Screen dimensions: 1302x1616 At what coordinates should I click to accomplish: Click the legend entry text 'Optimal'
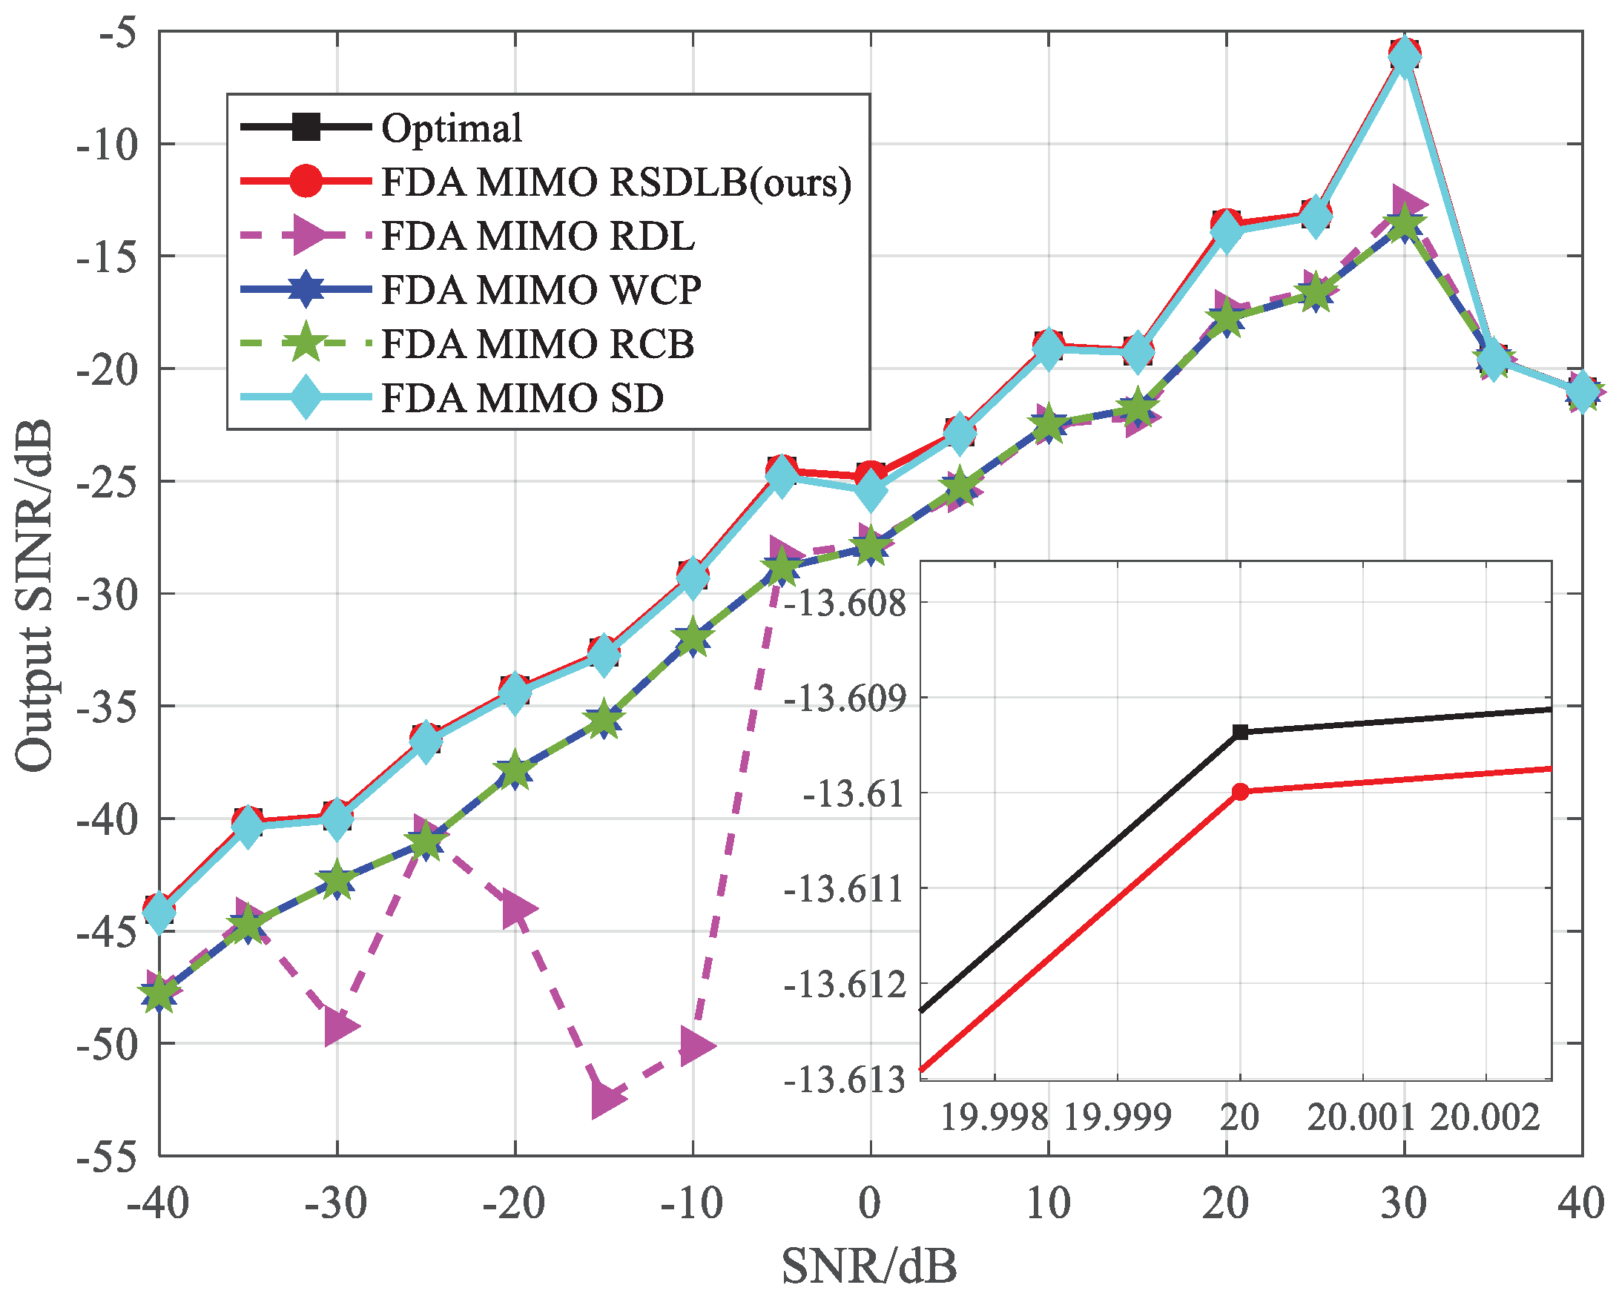pyautogui.click(x=451, y=128)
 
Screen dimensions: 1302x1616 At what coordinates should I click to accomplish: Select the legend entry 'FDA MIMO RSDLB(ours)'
pyautogui.click(x=616, y=182)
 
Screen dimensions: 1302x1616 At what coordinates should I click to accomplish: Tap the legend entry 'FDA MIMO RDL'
pyautogui.click(x=537, y=237)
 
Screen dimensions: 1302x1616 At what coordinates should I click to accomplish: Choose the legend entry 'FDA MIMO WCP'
pyautogui.click(x=540, y=290)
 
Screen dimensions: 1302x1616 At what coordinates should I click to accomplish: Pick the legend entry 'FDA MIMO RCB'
pyautogui.click(x=537, y=344)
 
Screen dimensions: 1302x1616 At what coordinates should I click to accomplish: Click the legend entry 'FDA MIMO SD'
pyautogui.click(x=522, y=398)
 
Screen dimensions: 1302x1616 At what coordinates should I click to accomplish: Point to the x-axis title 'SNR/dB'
pyautogui.click(x=868, y=1266)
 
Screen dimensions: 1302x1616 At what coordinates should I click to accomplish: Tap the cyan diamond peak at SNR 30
pyautogui.click(x=1405, y=57)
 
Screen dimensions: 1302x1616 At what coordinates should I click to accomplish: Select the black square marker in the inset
pyautogui.click(x=1240, y=732)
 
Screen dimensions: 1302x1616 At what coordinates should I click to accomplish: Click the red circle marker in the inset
pyautogui.click(x=1240, y=792)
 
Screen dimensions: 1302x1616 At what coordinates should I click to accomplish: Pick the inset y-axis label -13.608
pyautogui.click(x=845, y=603)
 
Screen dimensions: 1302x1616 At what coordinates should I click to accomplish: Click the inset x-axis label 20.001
pyautogui.click(x=1360, y=1118)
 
